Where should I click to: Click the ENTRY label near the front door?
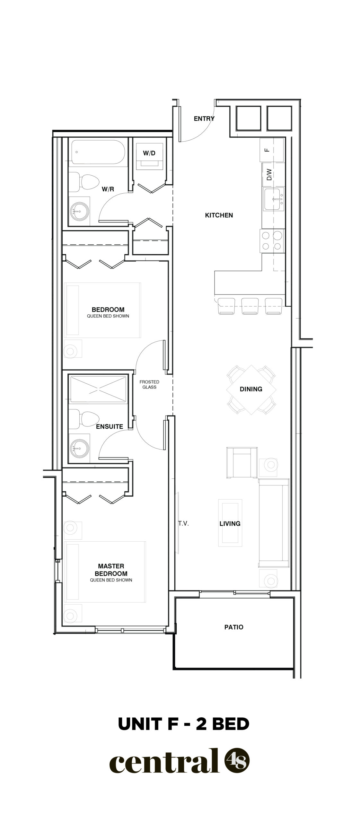[x=204, y=119]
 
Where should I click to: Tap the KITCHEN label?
[x=219, y=215]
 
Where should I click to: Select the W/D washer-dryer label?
[x=149, y=153]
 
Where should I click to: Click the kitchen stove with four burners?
[x=273, y=241]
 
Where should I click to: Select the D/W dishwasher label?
[x=269, y=175]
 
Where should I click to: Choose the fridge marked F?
[x=272, y=150]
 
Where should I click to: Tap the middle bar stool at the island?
[x=250, y=306]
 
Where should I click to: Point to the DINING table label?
[x=251, y=389]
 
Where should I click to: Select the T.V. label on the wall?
[x=183, y=524]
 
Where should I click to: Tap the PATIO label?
[x=234, y=627]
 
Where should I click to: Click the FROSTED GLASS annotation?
[x=149, y=384]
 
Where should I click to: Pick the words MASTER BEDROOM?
[x=111, y=570]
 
